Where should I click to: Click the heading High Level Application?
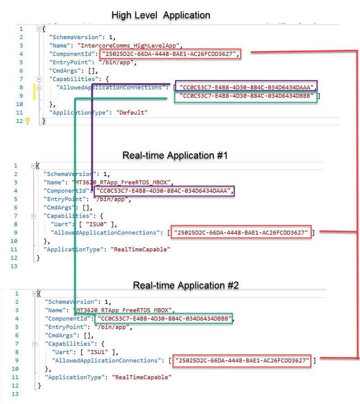[161, 15]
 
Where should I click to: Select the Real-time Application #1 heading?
[175, 155]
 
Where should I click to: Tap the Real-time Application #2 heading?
[186, 285]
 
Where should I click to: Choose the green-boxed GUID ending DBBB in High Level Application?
[246, 96]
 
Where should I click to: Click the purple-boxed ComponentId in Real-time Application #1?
[164, 191]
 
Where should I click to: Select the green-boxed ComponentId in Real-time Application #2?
[164, 319]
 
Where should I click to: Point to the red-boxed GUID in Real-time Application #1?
[242, 232]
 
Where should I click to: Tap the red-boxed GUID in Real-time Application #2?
[242, 360]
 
